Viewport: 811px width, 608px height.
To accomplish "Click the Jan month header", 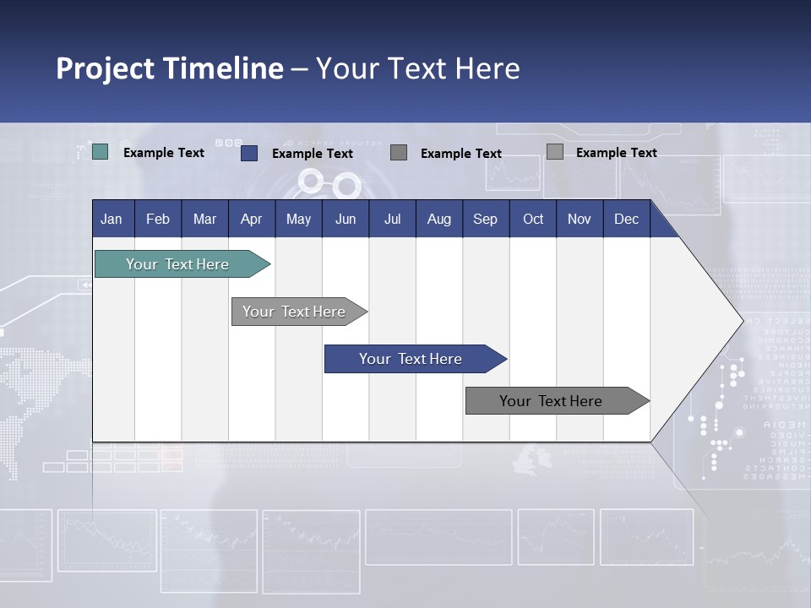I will (112, 219).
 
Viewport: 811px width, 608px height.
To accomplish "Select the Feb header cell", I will (158, 219).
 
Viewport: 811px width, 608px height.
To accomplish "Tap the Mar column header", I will (204, 219).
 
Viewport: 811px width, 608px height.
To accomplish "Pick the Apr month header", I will (251, 219).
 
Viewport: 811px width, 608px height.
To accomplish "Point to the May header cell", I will (298, 219).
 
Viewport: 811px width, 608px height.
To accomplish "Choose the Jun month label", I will (346, 219).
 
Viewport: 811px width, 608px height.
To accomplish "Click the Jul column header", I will (392, 219).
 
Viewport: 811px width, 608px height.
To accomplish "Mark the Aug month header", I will (438, 219).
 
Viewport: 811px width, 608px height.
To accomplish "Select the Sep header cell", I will (485, 219).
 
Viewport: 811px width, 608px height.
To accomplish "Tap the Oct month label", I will (533, 219).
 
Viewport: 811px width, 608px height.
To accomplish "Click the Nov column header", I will (580, 219).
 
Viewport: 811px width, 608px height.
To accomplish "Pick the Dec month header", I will (626, 219).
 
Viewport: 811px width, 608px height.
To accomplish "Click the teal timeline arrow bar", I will (178, 264).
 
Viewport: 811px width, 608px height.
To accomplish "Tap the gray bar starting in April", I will (295, 312).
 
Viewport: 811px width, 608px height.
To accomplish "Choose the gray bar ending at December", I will (552, 401).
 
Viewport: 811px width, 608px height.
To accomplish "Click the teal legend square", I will (100, 152).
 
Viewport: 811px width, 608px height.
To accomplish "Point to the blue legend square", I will (248, 153).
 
